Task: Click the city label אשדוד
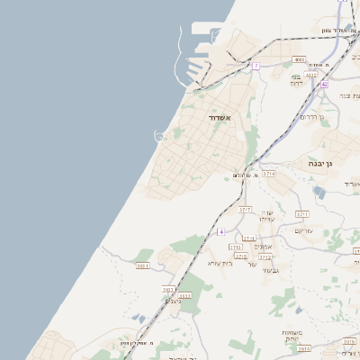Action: (220, 118)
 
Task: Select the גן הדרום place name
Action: (310, 117)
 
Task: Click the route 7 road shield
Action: (256, 66)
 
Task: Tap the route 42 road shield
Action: (324, 84)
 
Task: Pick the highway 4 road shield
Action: (220, 231)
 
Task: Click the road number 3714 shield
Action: (268, 173)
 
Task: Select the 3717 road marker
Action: (243, 209)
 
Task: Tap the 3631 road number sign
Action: (142, 266)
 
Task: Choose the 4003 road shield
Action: (300, 59)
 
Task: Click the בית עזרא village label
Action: (220, 263)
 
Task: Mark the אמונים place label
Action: (263, 247)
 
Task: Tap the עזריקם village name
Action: (304, 230)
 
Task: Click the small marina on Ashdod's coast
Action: (160, 137)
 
